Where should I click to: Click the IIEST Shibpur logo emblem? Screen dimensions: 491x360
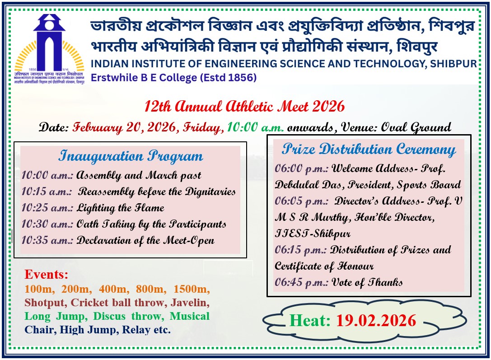49,49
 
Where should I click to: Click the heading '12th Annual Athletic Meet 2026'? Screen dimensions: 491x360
244,107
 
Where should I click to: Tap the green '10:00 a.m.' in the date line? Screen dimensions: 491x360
255,127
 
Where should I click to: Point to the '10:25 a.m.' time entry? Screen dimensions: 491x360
47,208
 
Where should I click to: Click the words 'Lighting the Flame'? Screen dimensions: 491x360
121,208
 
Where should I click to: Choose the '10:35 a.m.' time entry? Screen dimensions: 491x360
47,240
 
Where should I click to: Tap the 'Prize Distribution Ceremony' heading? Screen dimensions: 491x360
369,150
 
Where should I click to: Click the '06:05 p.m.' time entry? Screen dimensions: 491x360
301,201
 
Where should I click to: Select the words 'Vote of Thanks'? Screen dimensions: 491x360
367,282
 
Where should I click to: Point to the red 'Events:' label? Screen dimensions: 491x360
47,274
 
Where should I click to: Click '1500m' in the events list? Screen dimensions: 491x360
192,289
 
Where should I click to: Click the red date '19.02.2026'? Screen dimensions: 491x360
376,321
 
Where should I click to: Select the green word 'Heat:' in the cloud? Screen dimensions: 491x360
310,321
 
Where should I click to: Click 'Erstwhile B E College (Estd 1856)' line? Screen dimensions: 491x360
174,78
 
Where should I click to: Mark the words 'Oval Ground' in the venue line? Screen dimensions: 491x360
416,127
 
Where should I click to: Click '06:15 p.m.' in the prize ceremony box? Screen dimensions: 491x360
301,250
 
